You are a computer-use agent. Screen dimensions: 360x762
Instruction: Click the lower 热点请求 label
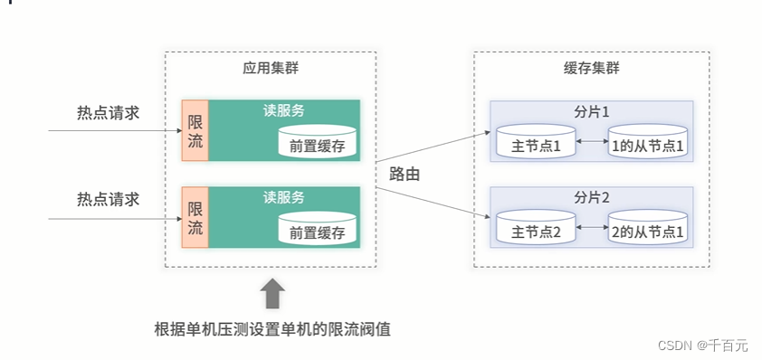[109, 199]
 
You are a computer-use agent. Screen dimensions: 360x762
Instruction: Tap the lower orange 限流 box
[195, 217]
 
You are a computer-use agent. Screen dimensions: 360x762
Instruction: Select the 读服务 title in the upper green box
[283, 110]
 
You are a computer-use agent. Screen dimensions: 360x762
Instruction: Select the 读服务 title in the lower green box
[283, 196]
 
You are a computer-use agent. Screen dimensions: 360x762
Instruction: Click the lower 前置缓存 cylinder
[317, 230]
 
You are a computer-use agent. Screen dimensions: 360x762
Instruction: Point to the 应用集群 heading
[270, 68]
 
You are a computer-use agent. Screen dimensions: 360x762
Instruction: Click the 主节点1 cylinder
[535, 143]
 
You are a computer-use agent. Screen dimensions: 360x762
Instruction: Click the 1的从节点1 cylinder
[647, 143]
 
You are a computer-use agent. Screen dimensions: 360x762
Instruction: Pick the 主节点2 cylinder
[535, 230]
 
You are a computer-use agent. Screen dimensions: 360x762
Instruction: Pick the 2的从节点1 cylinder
[647, 230]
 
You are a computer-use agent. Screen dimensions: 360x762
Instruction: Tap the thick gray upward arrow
[272, 294]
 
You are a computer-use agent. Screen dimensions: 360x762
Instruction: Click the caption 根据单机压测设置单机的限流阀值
[272, 327]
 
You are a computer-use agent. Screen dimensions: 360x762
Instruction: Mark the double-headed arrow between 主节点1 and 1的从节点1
[591, 142]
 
